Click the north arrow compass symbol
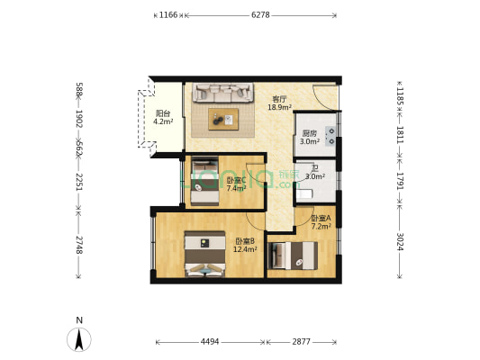click(79, 338)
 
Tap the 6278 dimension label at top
click(260, 15)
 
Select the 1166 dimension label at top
click(168, 15)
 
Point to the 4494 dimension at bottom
click(210, 342)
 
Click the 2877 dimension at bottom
click(301, 342)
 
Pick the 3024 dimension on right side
click(400, 242)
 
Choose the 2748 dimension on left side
click(79, 245)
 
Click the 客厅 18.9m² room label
click(278, 103)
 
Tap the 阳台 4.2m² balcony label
click(163, 118)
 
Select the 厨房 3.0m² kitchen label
click(310, 138)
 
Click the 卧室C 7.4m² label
click(236, 184)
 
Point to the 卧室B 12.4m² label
click(245, 245)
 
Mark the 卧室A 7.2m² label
click(321, 222)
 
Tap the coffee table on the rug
click(223, 117)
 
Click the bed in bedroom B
click(205, 254)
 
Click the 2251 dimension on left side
click(79, 183)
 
